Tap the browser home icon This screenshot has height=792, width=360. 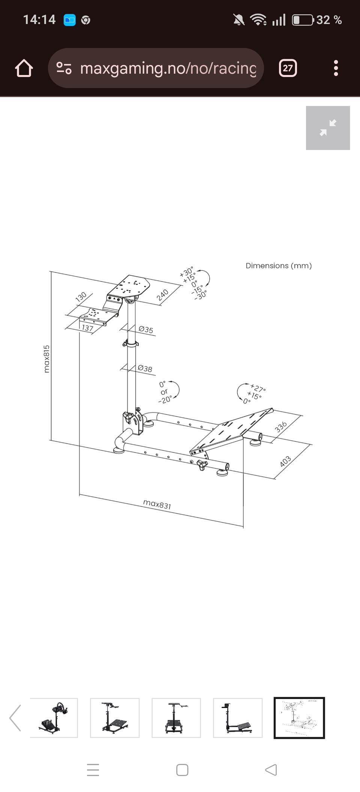24,68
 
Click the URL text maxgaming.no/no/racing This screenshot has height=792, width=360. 168,68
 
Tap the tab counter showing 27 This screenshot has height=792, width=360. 288,68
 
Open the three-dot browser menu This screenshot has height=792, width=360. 336,68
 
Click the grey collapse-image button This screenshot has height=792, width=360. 328,128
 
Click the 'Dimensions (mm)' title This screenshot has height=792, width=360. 279,265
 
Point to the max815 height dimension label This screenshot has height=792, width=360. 46,359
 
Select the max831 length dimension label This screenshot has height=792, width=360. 157,504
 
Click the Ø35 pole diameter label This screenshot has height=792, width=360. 146,330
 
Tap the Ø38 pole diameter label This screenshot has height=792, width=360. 145,368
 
